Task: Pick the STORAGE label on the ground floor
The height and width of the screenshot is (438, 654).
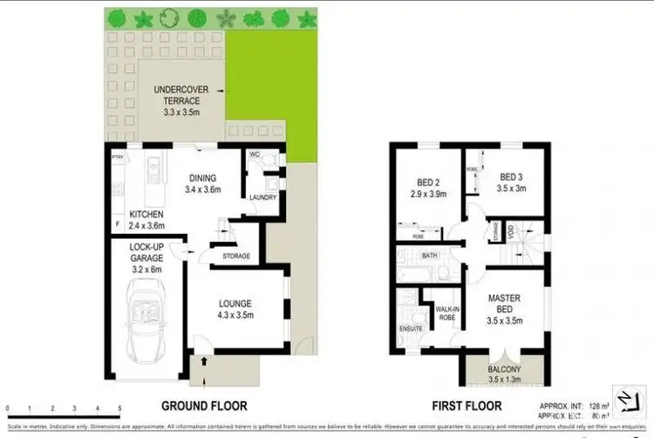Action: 236,256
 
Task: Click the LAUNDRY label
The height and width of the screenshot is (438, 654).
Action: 262,197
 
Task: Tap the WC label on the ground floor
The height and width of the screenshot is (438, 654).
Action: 255,154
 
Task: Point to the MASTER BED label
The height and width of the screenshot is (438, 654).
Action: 504,303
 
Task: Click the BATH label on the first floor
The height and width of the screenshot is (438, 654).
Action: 429,257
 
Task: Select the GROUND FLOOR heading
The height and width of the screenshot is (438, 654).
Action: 204,406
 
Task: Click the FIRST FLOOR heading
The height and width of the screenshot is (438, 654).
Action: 467,406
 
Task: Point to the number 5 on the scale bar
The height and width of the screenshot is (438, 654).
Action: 119,408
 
